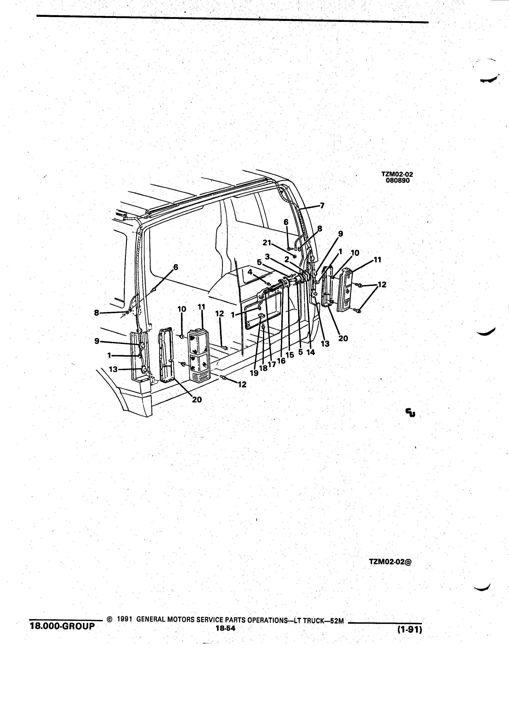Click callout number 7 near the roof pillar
[x=322, y=206]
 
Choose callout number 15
[x=290, y=355]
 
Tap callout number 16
[x=281, y=361]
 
